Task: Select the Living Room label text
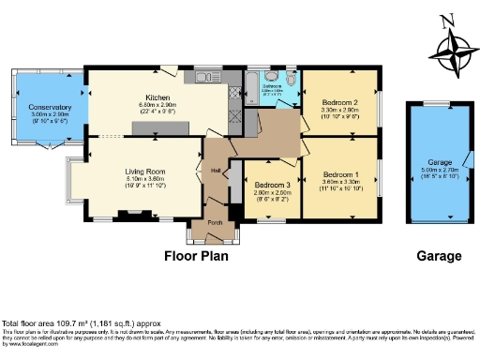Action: pos(146,172)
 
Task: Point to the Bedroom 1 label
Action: pos(340,174)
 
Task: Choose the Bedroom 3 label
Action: pos(273,185)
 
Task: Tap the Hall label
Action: pos(215,170)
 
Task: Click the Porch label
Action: pos(215,222)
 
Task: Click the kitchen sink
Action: pos(203,76)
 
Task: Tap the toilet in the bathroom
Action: pos(291,81)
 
